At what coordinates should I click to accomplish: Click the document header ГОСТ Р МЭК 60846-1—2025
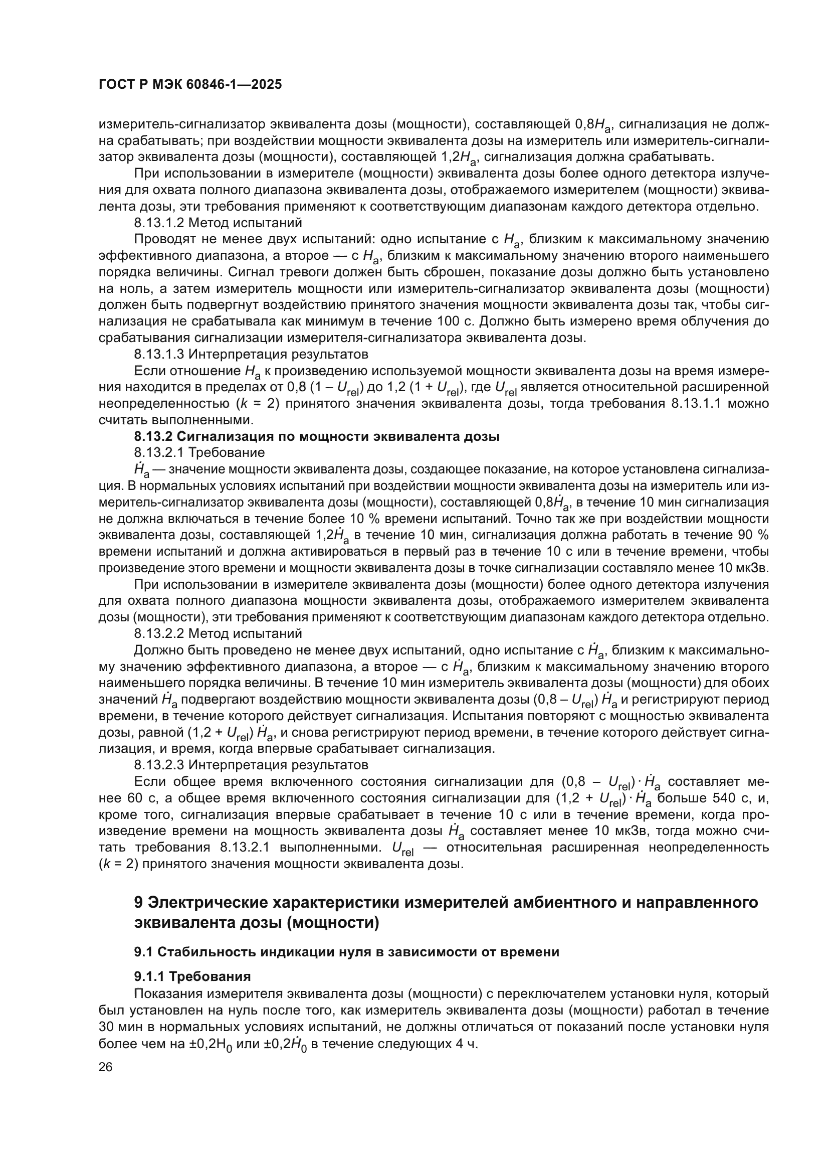(x=190, y=85)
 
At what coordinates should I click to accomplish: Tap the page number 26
(x=105, y=1067)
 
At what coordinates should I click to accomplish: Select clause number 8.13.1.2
(x=160, y=223)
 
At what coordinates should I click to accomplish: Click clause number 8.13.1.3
(x=160, y=354)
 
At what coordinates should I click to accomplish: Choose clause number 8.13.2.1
(x=160, y=453)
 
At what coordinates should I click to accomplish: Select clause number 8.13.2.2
(x=160, y=634)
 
